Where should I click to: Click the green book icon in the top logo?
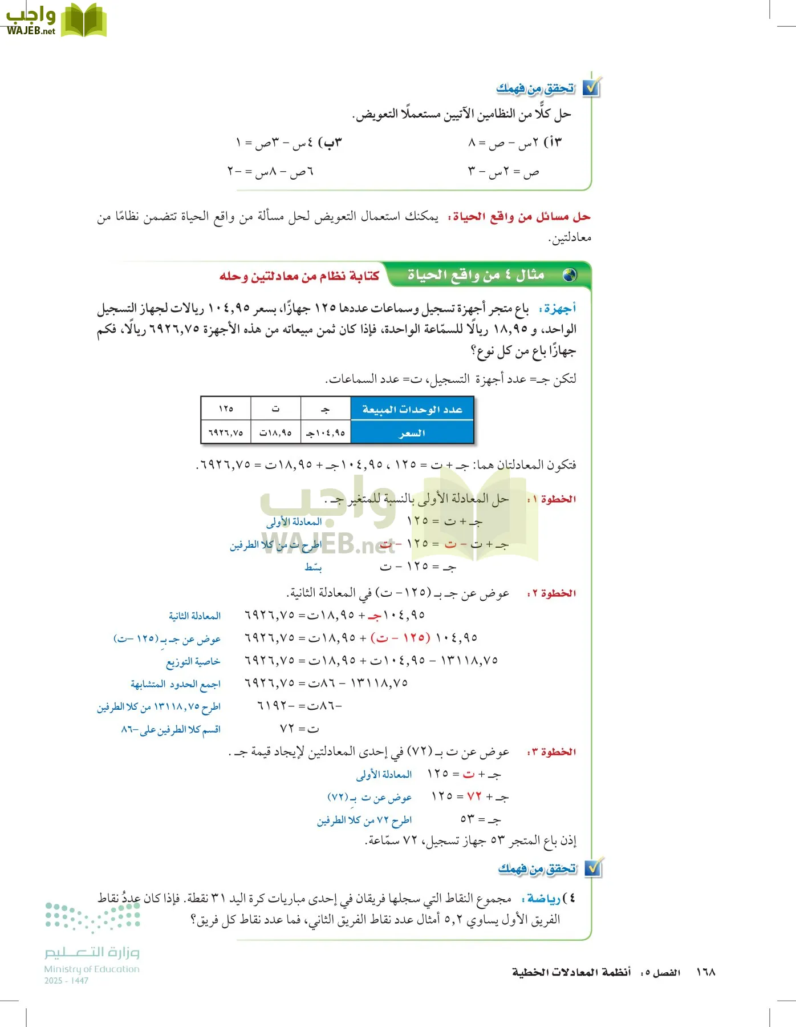coord(84,21)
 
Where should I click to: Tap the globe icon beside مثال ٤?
coord(569,276)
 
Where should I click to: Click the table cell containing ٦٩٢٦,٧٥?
coord(226,433)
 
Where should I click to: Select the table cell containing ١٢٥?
coord(226,409)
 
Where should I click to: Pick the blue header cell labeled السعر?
coord(412,433)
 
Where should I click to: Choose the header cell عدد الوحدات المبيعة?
coord(412,409)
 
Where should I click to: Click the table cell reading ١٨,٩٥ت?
coord(275,433)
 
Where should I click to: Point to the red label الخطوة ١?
coord(551,499)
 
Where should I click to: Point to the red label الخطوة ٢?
coord(551,593)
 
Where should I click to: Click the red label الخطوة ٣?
coord(551,752)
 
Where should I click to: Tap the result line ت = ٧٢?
coord(299,729)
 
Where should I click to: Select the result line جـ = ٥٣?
coord(481,820)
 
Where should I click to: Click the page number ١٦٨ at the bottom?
coord(705,972)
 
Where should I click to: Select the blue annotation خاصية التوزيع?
coord(193,661)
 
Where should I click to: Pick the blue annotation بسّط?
coord(313,567)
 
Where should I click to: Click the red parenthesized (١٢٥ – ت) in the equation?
coord(400,637)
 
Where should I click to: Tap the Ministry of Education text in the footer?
coord(92,969)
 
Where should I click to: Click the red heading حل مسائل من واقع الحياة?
coord(519,217)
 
